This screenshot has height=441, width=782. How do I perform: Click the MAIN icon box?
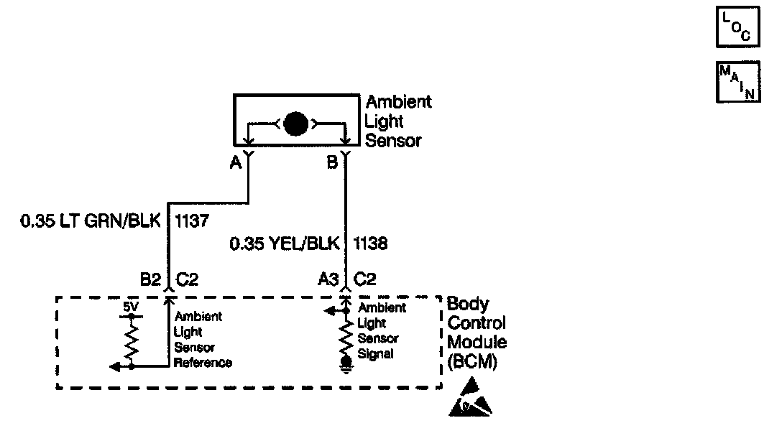[x=738, y=82]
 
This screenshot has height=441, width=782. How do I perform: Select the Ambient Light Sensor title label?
[x=399, y=121]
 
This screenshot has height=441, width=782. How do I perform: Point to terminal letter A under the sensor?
[x=235, y=163]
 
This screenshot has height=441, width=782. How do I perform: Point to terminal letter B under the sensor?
[x=332, y=163]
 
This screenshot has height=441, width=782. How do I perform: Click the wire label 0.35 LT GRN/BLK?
[x=93, y=221]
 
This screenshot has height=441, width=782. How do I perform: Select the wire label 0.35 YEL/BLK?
[x=285, y=244]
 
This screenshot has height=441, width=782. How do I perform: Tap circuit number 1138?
[x=370, y=244]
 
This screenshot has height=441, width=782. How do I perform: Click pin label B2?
[x=150, y=279]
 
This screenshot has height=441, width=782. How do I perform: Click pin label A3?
[x=328, y=279]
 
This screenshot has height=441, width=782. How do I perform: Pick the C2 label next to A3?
[x=366, y=279]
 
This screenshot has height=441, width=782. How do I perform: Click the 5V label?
[x=130, y=307]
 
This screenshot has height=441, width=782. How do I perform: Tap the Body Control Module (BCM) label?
[x=477, y=333]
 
